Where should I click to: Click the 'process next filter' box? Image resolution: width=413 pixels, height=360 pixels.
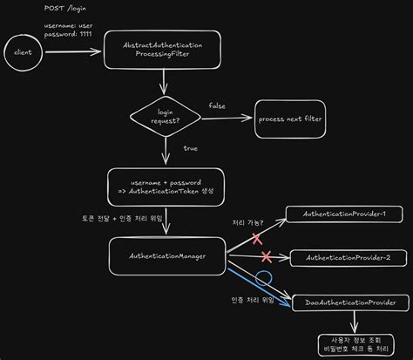click(288, 119)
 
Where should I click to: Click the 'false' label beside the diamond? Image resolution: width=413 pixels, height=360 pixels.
click(217, 105)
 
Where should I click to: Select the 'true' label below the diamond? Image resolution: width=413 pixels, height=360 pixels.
click(190, 148)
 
